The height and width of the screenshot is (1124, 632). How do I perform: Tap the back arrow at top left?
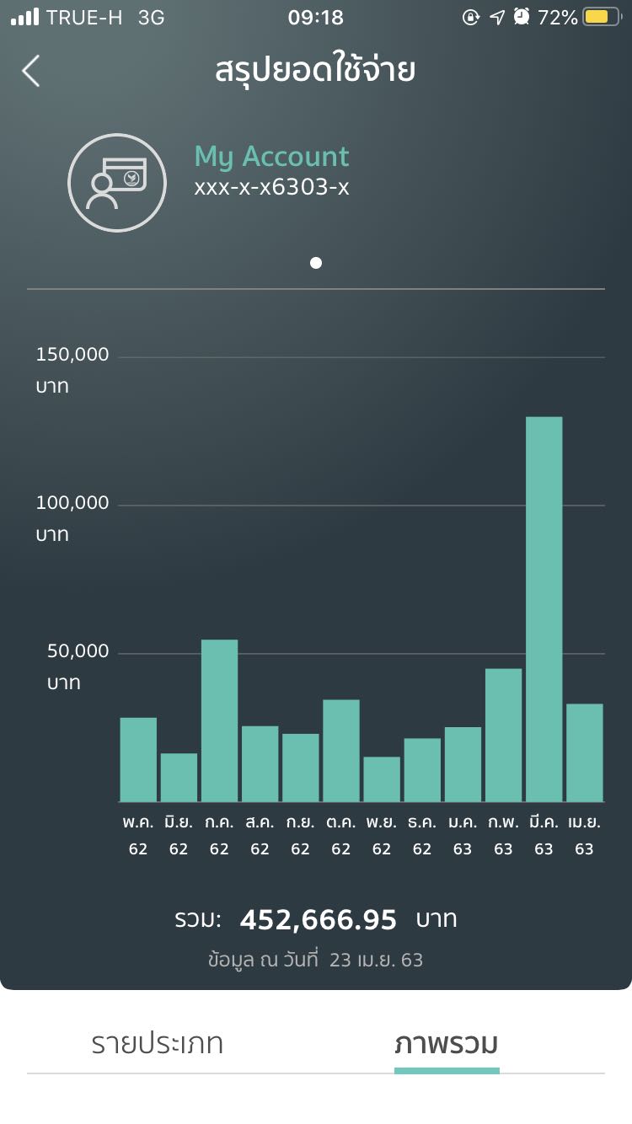click(31, 71)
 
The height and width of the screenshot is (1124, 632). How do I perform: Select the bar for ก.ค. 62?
click(219, 720)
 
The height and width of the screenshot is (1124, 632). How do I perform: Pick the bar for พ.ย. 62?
click(382, 779)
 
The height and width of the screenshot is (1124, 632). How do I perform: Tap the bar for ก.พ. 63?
click(503, 735)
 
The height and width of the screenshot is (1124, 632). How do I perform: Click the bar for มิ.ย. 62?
click(179, 777)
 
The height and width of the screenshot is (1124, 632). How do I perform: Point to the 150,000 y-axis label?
click(72, 355)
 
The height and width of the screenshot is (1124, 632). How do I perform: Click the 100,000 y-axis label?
click(72, 503)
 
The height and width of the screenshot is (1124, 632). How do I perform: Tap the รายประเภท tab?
click(158, 1044)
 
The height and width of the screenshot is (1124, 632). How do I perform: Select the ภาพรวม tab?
click(447, 1044)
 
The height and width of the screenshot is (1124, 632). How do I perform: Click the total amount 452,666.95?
click(319, 920)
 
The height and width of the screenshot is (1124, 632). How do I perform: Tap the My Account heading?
click(271, 157)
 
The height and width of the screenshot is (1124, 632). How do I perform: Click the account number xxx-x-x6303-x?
click(271, 187)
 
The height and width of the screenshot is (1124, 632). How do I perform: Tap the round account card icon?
click(117, 183)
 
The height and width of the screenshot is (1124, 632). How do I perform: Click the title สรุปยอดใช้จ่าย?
click(315, 71)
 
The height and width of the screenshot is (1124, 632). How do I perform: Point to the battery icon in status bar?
click(601, 17)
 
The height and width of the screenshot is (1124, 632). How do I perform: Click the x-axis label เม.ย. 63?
click(584, 835)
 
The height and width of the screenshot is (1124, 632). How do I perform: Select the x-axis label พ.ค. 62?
click(138, 835)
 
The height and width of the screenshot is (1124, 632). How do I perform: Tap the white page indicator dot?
click(316, 263)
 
